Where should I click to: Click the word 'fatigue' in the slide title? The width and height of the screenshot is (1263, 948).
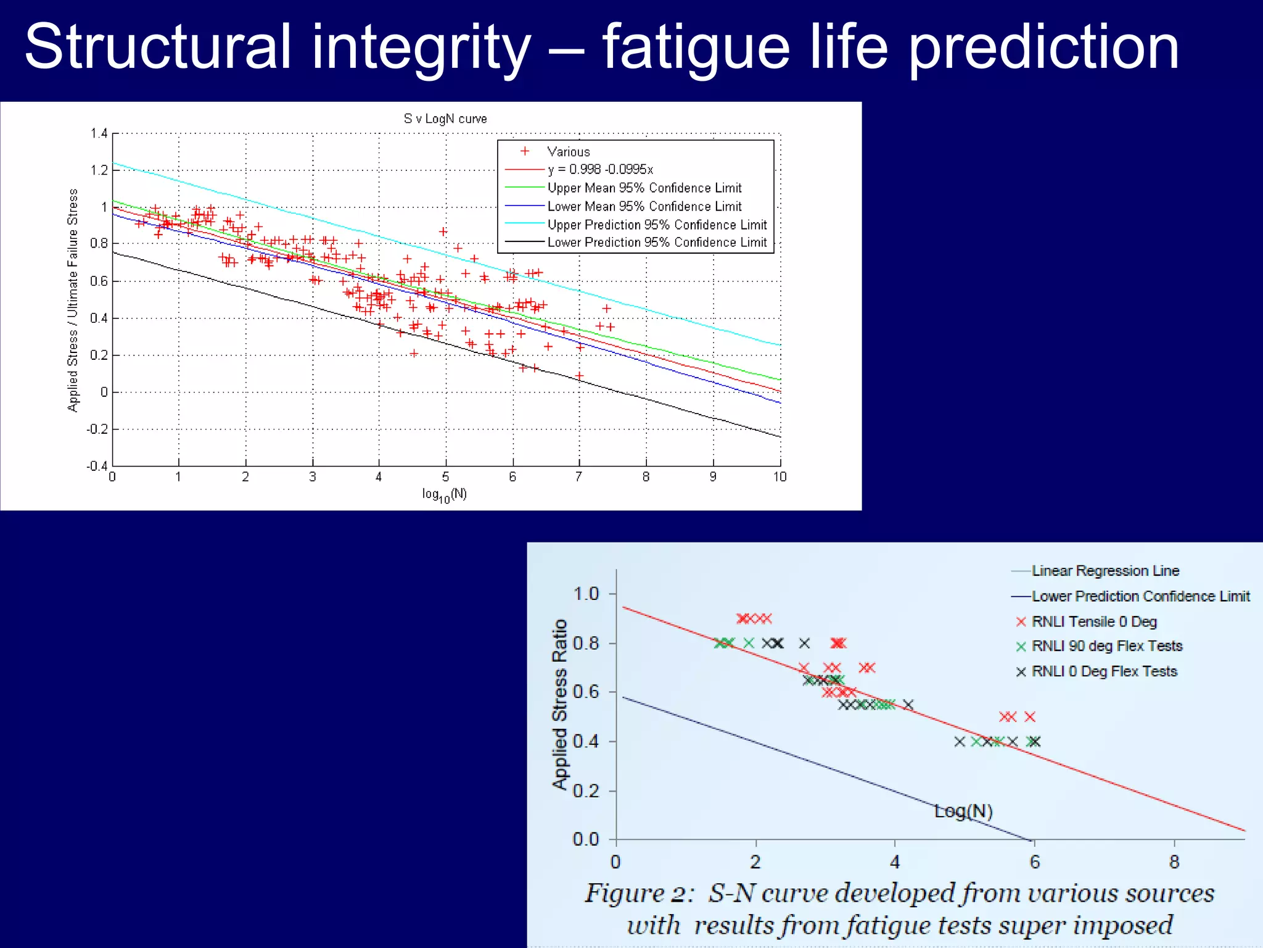coord(696,48)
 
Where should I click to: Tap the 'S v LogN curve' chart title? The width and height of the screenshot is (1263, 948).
coord(445,118)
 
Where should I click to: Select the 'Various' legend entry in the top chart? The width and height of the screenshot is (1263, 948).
coord(568,152)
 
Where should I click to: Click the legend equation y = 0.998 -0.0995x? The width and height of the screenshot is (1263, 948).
coord(599,170)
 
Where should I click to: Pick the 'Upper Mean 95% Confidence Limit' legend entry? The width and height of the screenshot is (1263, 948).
coord(644,188)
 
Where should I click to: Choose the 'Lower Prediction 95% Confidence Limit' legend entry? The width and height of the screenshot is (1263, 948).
coord(657,243)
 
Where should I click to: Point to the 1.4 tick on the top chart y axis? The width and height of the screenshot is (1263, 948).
coord(99,133)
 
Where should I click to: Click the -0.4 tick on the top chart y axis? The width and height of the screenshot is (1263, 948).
coord(97,465)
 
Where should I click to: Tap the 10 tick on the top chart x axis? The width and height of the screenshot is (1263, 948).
coord(780,476)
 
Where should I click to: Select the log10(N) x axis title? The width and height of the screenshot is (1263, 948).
coord(445,494)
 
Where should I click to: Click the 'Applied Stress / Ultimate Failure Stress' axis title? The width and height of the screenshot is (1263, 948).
coord(73,300)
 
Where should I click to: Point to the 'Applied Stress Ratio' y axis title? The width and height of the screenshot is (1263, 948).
coord(559,704)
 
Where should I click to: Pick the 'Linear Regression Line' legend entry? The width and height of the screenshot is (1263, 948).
coord(1105,571)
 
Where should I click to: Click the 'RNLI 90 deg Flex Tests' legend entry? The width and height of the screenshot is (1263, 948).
coord(1106,646)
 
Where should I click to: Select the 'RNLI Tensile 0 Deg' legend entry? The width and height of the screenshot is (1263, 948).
coord(1093,622)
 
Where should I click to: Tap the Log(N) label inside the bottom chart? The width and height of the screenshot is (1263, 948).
coord(963,811)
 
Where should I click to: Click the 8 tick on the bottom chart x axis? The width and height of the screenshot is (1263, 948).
coord(1174,862)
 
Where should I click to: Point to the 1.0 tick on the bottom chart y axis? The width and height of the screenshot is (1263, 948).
coord(586,594)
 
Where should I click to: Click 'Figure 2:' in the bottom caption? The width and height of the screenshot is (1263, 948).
coord(639,893)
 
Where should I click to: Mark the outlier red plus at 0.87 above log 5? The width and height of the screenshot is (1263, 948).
coord(443,231)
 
